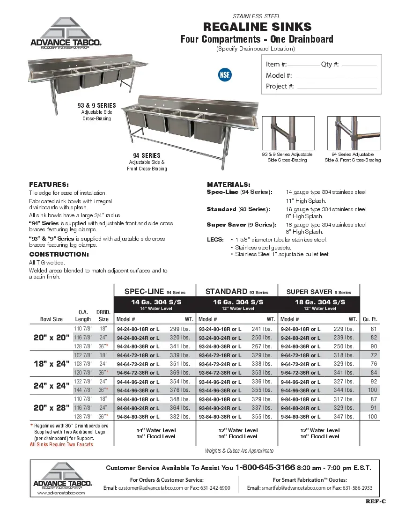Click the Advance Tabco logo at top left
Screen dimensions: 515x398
coord(65,33)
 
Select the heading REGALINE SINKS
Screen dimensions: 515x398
coord(257,27)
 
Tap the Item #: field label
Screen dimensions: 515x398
coord(276,64)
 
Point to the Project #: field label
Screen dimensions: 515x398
coord(280,86)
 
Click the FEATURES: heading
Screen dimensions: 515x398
coord(49,184)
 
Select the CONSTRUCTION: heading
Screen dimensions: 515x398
coord(59,254)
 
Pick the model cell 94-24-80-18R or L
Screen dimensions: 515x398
coord(138,329)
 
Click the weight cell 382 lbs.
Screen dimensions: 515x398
coord(180,416)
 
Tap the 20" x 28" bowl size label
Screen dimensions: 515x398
coord(51,407)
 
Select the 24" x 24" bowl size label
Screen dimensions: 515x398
coord(51,386)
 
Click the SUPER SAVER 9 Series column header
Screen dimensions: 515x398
coord(318,292)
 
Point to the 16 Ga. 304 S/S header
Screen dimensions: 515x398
coord(238,302)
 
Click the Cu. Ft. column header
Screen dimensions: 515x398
coord(370,319)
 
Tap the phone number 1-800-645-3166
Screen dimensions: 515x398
coord(265,468)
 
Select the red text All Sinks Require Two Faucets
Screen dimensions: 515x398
coord(61,444)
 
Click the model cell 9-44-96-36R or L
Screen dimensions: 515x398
coord(300,390)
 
